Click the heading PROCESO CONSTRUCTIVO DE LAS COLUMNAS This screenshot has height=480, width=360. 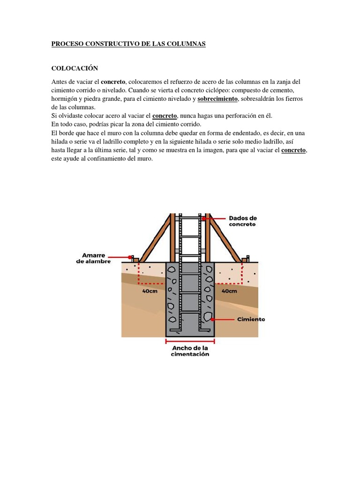point(128,44)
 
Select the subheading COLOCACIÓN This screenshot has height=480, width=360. point(75,68)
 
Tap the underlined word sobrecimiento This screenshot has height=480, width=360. point(218,99)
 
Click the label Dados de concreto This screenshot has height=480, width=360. point(242,221)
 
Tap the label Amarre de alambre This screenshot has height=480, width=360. point(93,258)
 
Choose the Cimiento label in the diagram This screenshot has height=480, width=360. point(251,319)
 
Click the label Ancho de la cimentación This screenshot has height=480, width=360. point(190,351)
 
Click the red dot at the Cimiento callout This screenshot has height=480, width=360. point(213,319)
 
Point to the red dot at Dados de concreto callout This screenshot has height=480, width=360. point(204,218)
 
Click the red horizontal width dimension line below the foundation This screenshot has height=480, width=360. point(190,341)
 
